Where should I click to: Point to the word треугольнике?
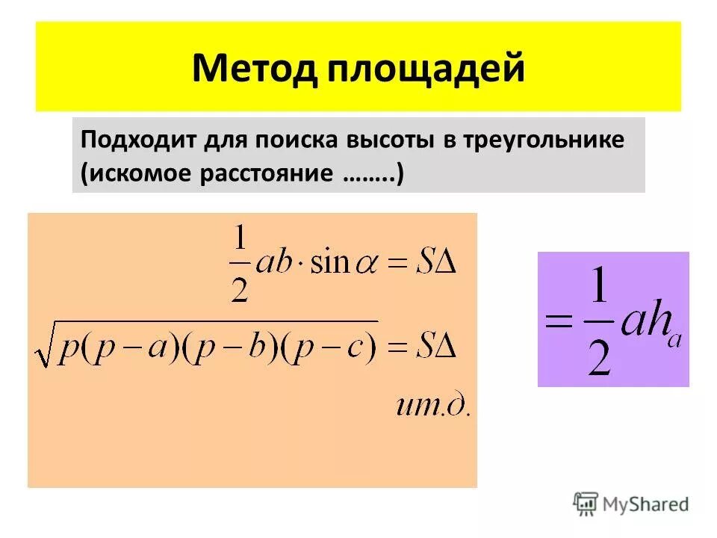[x=550, y=140]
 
